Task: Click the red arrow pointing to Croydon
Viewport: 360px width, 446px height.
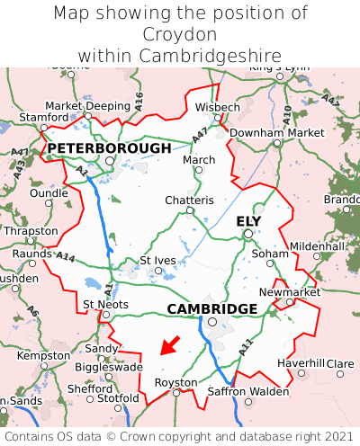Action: pos(170,345)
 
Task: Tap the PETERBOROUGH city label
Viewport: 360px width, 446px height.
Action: pos(109,147)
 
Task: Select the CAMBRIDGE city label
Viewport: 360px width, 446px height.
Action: pos(212,308)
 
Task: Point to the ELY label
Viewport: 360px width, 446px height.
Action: pos(248,221)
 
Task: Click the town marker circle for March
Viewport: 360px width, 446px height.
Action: pos(200,170)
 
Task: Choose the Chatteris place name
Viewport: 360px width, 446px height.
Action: pos(189,200)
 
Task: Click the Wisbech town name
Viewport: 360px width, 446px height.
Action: pos(218,107)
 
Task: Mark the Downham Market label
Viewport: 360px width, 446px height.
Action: pos(276,132)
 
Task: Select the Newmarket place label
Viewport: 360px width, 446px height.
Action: pos(289,292)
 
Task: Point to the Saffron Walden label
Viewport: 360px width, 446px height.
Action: pos(249,391)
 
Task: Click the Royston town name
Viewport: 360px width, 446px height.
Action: pos(175,382)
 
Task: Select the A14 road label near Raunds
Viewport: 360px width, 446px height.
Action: pos(66,257)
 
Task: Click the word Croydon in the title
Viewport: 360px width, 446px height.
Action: pos(180,34)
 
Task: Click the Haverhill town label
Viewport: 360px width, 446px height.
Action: pos(300,363)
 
